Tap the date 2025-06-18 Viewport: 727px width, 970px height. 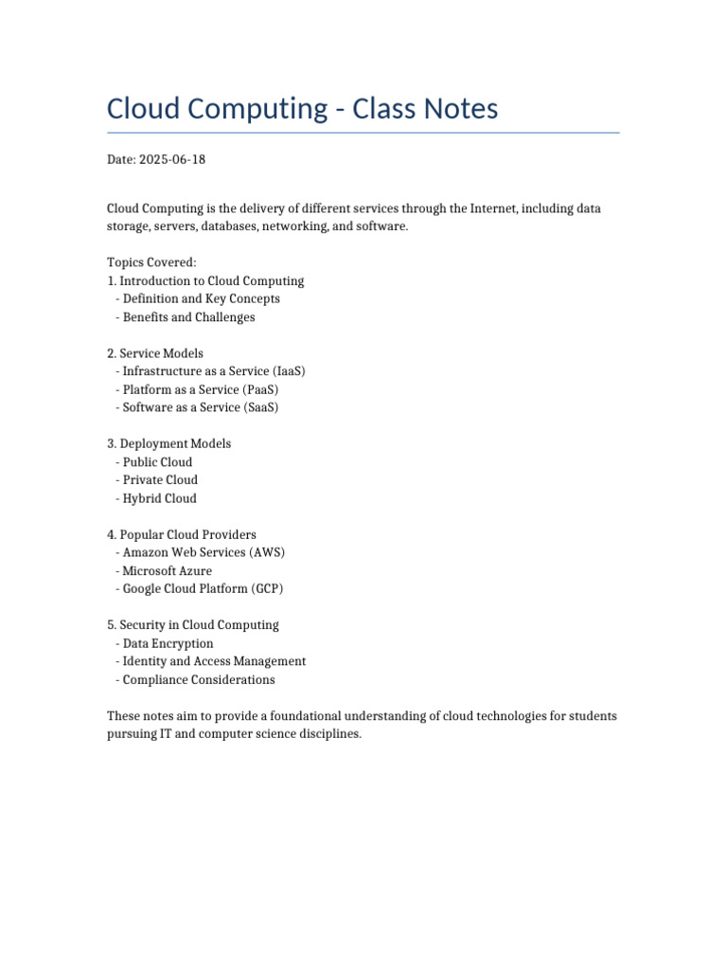click(171, 159)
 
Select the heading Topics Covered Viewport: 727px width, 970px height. click(151, 262)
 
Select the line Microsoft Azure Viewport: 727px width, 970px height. click(167, 570)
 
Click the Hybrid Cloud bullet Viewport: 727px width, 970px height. click(159, 498)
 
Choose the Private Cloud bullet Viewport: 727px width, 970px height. click(160, 480)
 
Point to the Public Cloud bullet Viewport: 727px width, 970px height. click(157, 462)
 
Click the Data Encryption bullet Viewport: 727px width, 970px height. click(168, 643)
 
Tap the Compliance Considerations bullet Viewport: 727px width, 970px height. click(198, 679)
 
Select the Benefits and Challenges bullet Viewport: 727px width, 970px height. click(188, 317)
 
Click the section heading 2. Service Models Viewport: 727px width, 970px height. click(155, 353)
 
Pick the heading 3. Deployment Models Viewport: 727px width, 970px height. click(168, 443)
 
